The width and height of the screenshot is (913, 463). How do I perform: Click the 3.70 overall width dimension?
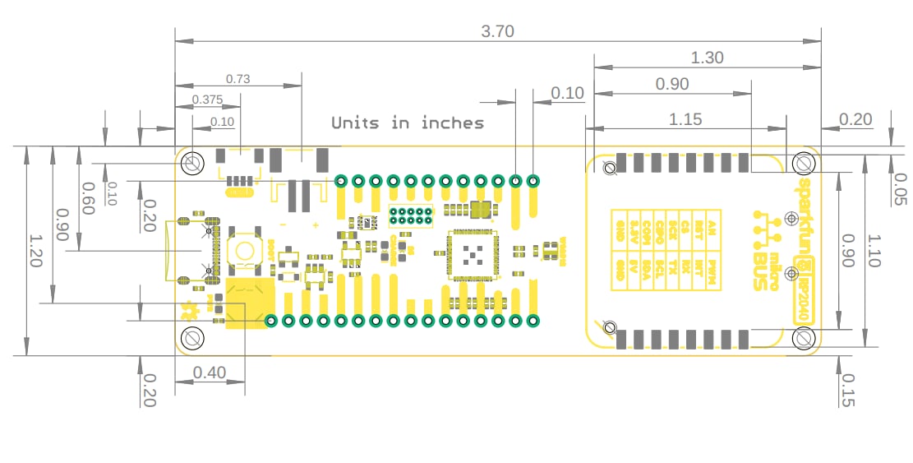(497, 31)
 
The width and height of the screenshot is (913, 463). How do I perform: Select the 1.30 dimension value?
(707, 58)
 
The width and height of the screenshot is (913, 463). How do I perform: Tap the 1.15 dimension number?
(685, 119)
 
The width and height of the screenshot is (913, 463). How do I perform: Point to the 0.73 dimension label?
(237, 79)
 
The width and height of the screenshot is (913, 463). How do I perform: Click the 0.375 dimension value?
(207, 100)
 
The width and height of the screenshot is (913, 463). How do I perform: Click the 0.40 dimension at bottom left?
(209, 373)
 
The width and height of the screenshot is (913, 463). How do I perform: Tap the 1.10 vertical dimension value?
(873, 251)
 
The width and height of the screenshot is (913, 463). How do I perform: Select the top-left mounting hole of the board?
(193, 163)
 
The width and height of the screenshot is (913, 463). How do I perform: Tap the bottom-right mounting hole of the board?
(803, 337)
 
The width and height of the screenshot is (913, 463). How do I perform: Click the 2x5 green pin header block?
(411, 216)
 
